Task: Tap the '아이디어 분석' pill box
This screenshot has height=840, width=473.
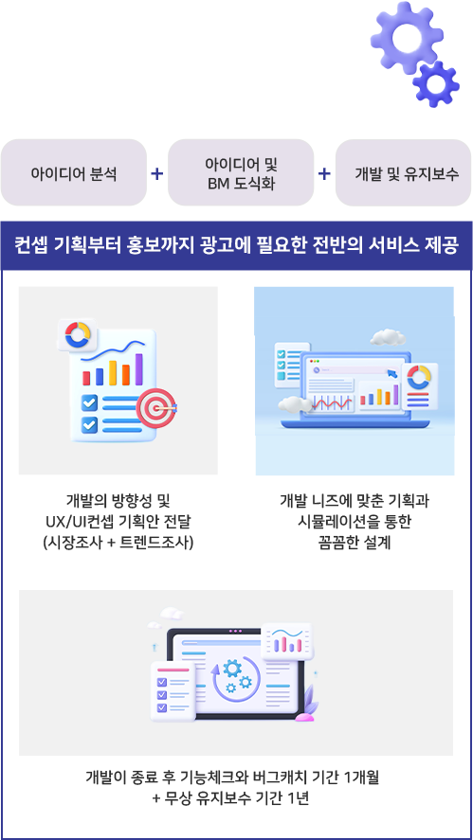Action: (74, 173)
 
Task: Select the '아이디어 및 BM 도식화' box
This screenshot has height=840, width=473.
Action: (241, 173)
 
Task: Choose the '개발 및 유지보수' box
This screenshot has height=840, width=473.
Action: (403, 173)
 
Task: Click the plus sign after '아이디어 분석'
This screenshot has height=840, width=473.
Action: (157, 173)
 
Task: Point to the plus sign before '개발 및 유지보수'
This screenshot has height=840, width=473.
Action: (324, 173)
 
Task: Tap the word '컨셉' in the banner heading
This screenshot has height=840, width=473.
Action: (33, 247)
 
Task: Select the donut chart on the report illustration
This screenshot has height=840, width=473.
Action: (79, 335)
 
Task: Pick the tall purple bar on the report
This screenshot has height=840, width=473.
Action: (139, 369)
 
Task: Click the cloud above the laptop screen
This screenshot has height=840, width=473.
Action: (387, 337)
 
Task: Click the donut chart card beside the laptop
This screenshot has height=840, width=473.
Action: (419, 385)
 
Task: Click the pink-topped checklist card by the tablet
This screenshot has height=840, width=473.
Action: (173, 691)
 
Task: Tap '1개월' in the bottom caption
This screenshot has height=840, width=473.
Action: (361, 777)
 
